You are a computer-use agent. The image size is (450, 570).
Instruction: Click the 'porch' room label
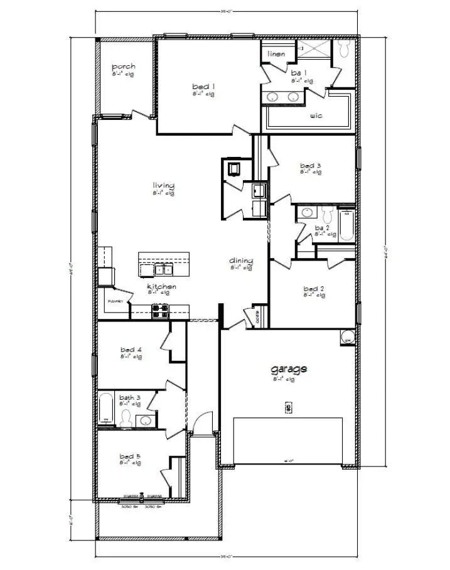point(124,67)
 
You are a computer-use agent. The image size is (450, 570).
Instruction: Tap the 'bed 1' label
point(204,86)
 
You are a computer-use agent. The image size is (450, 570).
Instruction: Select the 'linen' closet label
point(276,54)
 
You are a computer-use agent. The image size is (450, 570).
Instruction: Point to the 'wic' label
point(316,116)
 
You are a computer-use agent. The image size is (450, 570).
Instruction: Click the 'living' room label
point(163,185)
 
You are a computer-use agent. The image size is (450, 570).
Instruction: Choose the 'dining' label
point(241,261)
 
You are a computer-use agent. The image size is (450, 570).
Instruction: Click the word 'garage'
point(289,369)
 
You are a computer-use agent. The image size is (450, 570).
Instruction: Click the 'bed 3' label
point(310,166)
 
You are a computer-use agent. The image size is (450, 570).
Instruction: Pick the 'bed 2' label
point(313,288)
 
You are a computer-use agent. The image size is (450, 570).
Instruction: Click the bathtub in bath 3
point(106,409)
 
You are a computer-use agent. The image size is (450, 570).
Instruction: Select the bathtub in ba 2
point(346,226)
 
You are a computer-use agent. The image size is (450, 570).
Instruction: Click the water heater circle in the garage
point(348,338)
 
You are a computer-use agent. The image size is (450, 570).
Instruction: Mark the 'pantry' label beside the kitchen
point(114,302)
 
